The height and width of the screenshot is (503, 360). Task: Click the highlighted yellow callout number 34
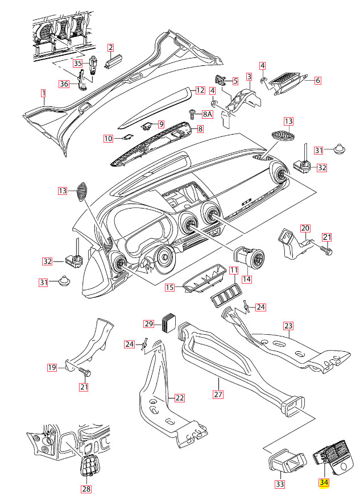(324, 483)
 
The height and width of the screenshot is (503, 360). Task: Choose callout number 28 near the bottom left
(86, 488)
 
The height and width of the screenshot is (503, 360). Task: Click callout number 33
(279, 484)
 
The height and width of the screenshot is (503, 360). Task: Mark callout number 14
(247, 279)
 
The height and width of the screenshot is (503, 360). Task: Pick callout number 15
(169, 288)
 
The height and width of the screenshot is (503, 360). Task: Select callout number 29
(149, 323)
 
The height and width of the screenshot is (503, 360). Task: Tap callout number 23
(288, 326)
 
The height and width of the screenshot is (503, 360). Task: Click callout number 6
(318, 80)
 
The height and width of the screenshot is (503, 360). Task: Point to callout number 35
(77, 63)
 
